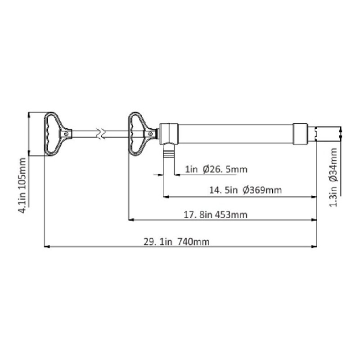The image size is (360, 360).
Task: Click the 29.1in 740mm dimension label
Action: tap(176, 242)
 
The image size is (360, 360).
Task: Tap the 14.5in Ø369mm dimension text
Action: tap(246, 190)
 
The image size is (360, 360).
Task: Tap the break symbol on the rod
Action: tap(103, 133)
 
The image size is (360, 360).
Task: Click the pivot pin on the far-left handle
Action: tap(67, 134)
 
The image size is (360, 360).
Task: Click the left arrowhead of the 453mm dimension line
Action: tap(132, 220)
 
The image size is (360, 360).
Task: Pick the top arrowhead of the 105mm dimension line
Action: tap(28, 114)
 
